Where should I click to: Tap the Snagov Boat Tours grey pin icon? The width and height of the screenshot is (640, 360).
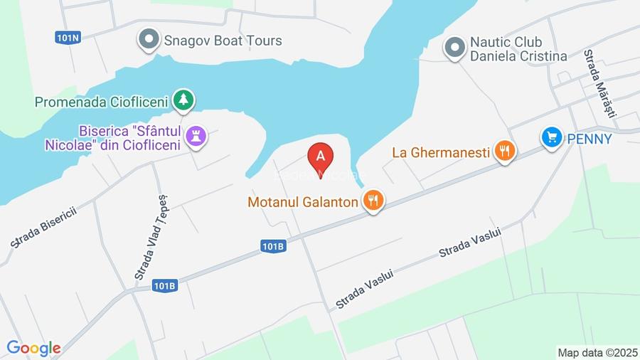pyautogui.click(x=149, y=40)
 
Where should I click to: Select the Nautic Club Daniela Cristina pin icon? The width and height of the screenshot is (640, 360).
pyautogui.click(x=454, y=48)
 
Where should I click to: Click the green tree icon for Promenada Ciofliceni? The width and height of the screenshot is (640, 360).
pyautogui.click(x=184, y=100)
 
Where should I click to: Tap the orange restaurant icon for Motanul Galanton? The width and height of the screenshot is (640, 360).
pyautogui.click(x=373, y=201)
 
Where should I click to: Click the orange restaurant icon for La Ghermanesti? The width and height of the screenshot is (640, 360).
pyautogui.click(x=505, y=150)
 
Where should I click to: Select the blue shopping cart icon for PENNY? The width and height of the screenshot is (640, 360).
pyautogui.click(x=551, y=137)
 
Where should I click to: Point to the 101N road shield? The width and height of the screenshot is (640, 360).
pyautogui.click(x=67, y=37)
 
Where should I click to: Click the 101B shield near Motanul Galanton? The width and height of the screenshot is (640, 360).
pyautogui.click(x=274, y=246)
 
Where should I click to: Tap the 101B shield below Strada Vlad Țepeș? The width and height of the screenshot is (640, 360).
pyautogui.click(x=164, y=285)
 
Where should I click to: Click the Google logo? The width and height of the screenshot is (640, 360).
pyautogui.click(x=33, y=348)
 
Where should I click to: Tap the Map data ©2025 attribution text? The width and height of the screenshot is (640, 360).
pyautogui.click(x=597, y=352)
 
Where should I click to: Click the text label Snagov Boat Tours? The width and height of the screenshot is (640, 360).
pyautogui.click(x=223, y=41)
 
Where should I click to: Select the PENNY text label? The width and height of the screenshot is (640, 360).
pyautogui.click(x=589, y=139)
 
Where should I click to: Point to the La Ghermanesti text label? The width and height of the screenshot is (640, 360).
pyautogui.click(x=441, y=152)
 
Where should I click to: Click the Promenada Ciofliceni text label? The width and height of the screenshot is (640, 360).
pyautogui.click(x=101, y=102)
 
